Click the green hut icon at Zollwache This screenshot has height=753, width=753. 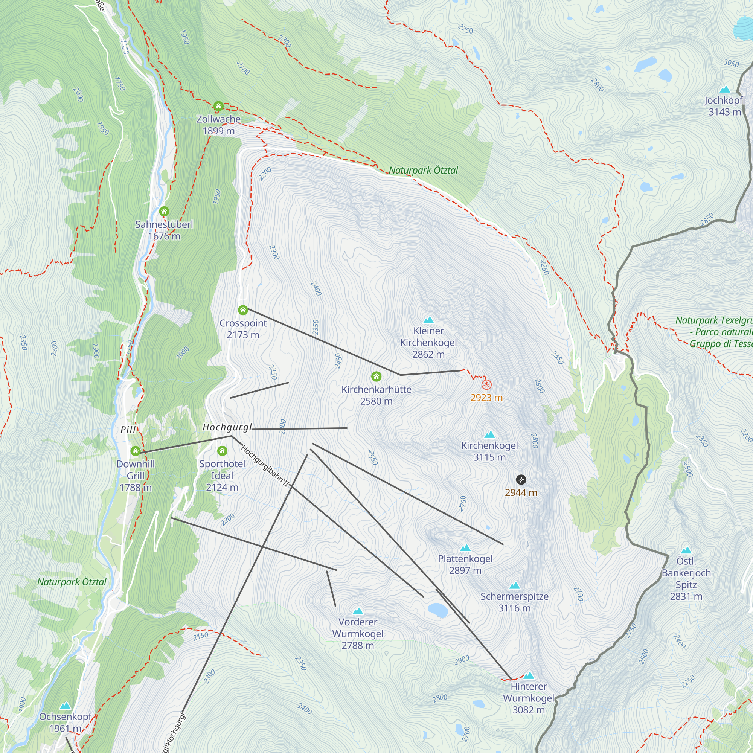pyautogui.click(x=218, y=106)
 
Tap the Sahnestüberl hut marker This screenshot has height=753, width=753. pyautogui.click(x=164, y=212)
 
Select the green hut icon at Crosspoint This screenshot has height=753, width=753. pyautogui.click(x=243, y=310)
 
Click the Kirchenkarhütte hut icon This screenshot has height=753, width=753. pyautogui.click(x=376, y=376)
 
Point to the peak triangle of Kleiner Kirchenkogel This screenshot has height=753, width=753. pyautogui.click(x=428, y=320)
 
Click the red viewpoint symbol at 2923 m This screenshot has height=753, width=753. pyautogui.click(x=486, y=385)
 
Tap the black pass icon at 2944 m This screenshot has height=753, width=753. pyautogui.click(x=521, y=479)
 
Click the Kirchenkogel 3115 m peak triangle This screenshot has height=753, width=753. pyautogui.click(x=489, y=434)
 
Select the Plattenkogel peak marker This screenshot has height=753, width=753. pyautogui.click(x=465, y=548)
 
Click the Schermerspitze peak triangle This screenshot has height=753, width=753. pyautogui.click(x=514, y=585)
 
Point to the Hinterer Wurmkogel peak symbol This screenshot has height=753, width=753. pyautogui.click(x=529, y=675)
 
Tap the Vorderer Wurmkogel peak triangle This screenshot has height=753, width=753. pyautogui.click(x=358, y=611)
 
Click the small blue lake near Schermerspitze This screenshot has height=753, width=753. pyautogui.click(x=438, y=610)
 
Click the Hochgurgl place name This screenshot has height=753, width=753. pyautogui.click(x=227, y=428)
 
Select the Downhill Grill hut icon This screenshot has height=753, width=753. pyautogui.click(x=135, y=451)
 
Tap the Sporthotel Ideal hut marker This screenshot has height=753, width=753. pyautogui.click(x=222, y=451)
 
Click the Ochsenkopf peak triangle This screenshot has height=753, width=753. pyautogui.click(x=65, y=706)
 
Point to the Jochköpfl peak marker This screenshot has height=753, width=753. pyautogui.click(x=724, y=89)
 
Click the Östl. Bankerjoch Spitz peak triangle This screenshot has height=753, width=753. pyautogui.click(x=686, y=550)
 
